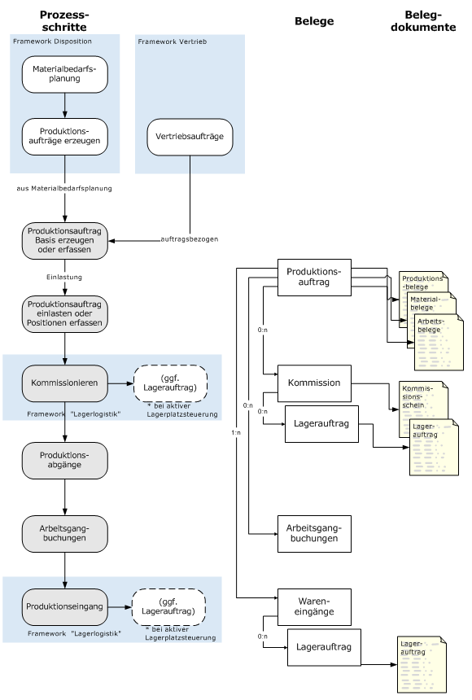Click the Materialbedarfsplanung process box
point(65,74)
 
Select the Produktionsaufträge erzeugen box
point(65,137)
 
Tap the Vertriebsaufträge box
point(190,137)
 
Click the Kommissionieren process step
point(65,383)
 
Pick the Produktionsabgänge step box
point(65,460)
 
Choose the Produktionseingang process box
point(65,606)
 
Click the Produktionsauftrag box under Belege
point(314,278)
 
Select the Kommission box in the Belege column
point(314,383)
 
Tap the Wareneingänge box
point(314,606)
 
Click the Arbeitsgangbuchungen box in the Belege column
point(314,533)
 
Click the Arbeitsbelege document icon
point(439,342)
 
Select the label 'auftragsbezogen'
point(190,239)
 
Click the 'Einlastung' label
point(64,278)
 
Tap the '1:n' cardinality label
point(236,432)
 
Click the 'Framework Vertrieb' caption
point(173,42)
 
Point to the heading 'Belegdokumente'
point(423,21)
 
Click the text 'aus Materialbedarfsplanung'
point(64,188)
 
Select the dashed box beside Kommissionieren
point(171,383)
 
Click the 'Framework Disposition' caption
point(52,42)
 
